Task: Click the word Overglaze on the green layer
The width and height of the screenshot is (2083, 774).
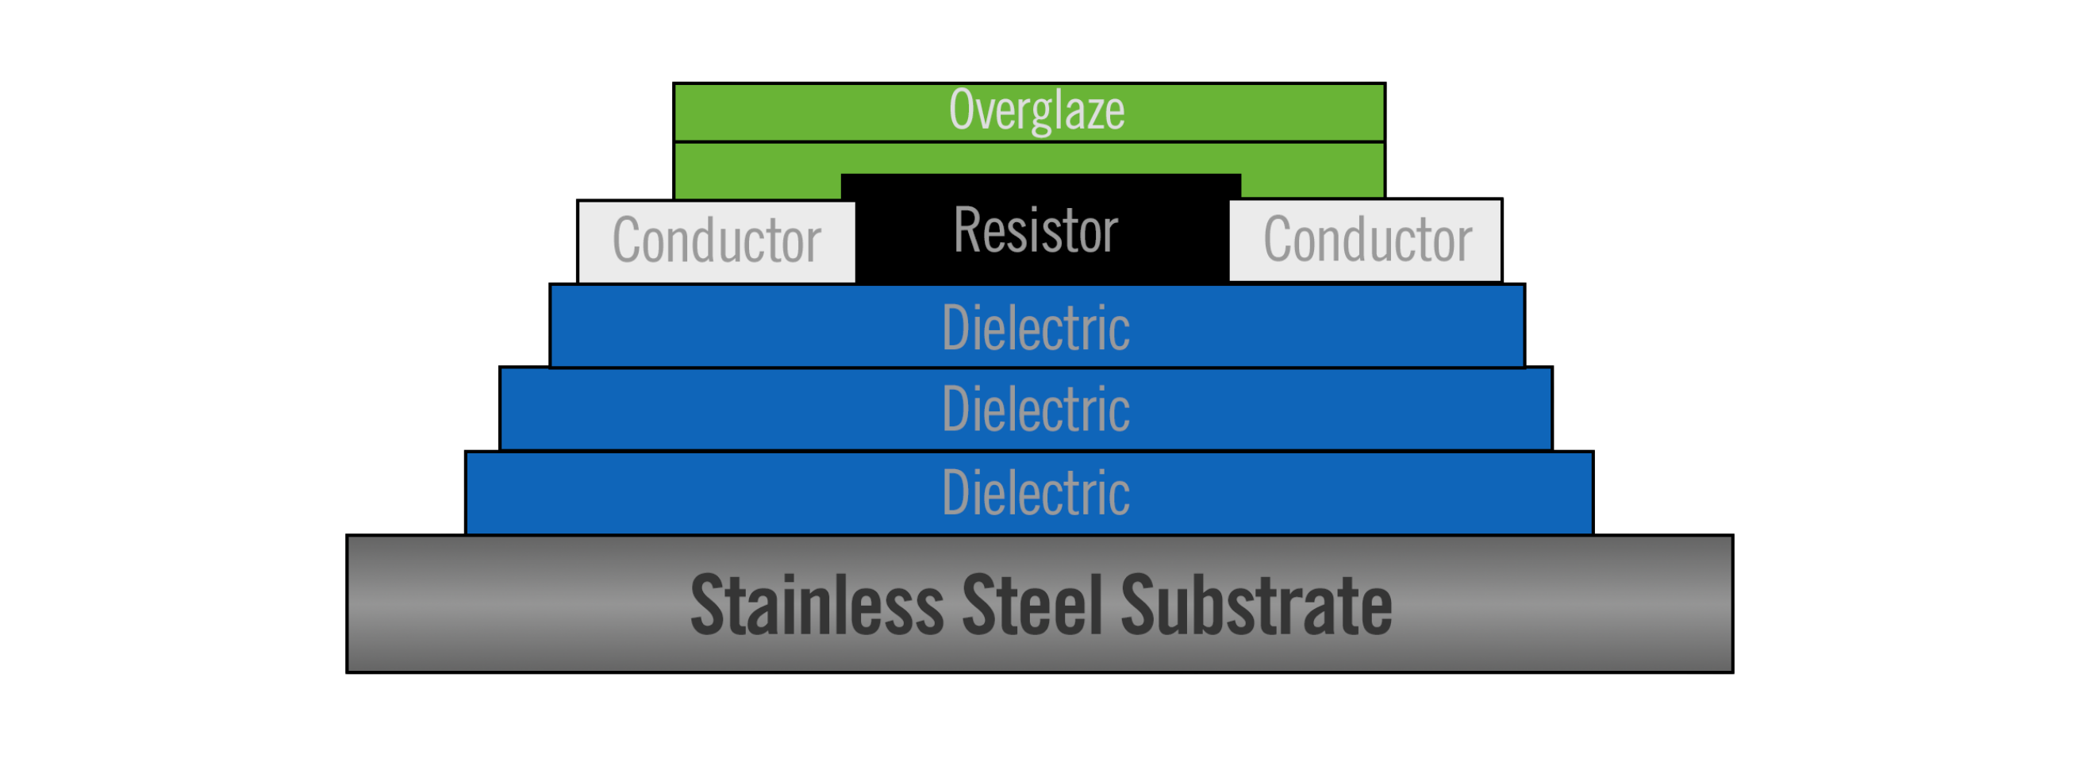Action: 1036,111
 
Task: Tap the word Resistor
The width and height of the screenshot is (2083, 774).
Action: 1036,231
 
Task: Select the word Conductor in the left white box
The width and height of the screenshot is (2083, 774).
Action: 717,241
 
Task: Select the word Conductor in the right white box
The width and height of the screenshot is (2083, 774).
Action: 1367,241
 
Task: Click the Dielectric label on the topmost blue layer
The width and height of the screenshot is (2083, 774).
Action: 1036,329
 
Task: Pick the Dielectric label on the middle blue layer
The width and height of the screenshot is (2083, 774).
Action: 1036,410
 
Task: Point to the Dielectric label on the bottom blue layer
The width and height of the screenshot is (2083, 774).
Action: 1036,493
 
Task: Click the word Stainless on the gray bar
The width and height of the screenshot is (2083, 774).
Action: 817,606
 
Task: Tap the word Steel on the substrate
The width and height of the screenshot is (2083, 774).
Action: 1032,606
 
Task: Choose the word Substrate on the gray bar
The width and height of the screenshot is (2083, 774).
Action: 1256,606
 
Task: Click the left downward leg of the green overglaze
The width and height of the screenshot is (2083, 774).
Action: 758,185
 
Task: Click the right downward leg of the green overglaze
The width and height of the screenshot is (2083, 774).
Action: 1312,185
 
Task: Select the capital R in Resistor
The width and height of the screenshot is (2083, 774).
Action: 966,230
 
